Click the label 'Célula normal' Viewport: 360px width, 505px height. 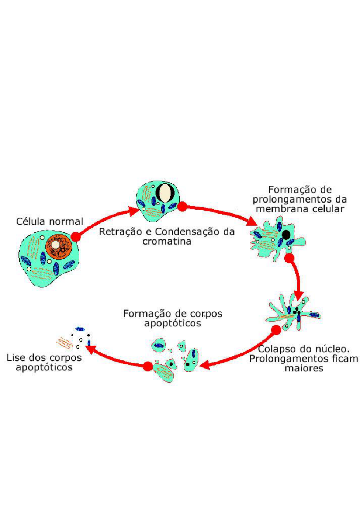49,221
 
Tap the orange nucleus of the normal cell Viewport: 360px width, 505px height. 58,246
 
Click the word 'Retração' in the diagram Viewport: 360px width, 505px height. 115,232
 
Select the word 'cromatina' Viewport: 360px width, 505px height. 167,241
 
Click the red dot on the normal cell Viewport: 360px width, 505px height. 76,237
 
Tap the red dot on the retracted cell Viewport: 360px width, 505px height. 182,207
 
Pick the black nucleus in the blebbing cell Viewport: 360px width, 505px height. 286,235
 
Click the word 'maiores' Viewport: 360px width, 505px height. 304,368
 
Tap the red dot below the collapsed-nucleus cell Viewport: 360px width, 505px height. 276,330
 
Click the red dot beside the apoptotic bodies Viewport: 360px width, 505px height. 148,366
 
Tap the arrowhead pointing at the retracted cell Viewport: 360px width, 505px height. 134,211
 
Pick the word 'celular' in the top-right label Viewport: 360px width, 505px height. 328,209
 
